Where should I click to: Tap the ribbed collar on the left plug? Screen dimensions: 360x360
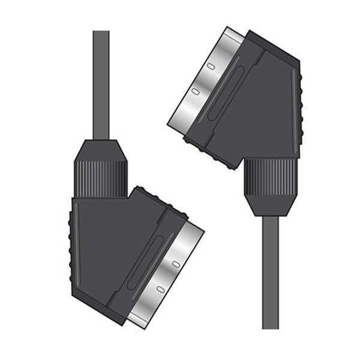click(101, 178)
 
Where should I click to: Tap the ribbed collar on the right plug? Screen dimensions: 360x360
click(270, 176)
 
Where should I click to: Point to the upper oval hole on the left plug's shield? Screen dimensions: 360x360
click(176, 262)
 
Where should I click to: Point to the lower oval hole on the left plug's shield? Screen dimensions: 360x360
click(159, 289)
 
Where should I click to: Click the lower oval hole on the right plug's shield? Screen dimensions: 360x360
click(196, 92)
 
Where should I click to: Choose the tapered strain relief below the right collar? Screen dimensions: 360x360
click(270, 205)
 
